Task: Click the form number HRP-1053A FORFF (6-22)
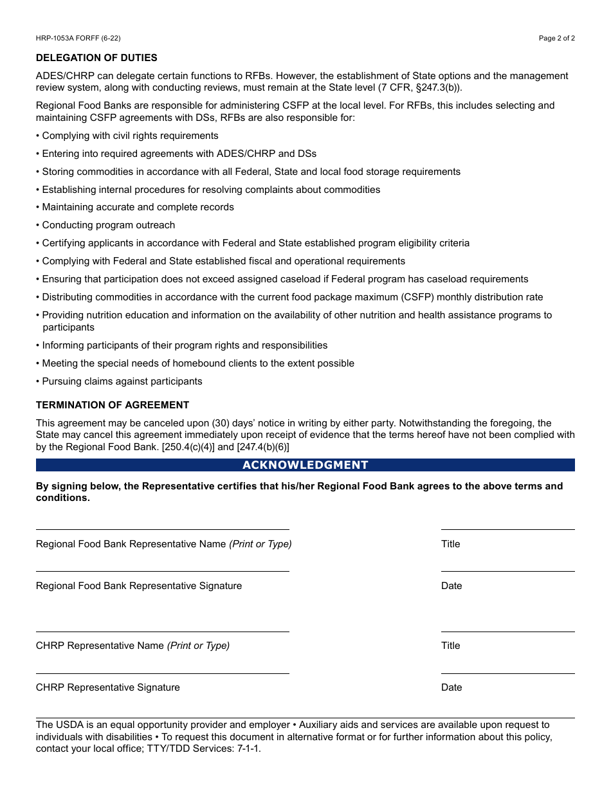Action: (78, 39)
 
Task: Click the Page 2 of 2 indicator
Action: (556, 39)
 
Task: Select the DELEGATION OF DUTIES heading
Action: (96, 58)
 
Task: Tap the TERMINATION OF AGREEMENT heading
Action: (113, 405)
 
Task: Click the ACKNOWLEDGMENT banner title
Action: (305, 465)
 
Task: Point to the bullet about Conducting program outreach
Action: (108, 225)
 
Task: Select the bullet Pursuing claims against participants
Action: (122, 381)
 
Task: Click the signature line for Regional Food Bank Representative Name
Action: (162, 529)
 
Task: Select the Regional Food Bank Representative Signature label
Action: (139, 586)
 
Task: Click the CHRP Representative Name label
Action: (100, 646)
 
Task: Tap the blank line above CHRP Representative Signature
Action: (162, 673)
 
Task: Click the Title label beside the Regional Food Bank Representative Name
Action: (450, 544)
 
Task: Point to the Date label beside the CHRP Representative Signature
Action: (451, 687)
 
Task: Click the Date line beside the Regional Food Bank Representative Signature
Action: (507, 570)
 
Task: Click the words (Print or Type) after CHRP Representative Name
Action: (198, 646)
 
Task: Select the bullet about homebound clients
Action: (197, 363)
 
